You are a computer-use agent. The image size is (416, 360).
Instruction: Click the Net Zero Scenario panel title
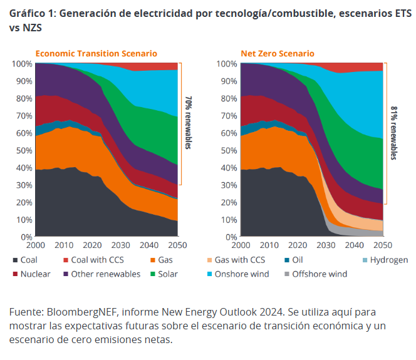pos(278,54)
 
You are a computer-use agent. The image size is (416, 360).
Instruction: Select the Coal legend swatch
pos(14,260)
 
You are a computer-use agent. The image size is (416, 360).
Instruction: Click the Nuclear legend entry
pos(34,274)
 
